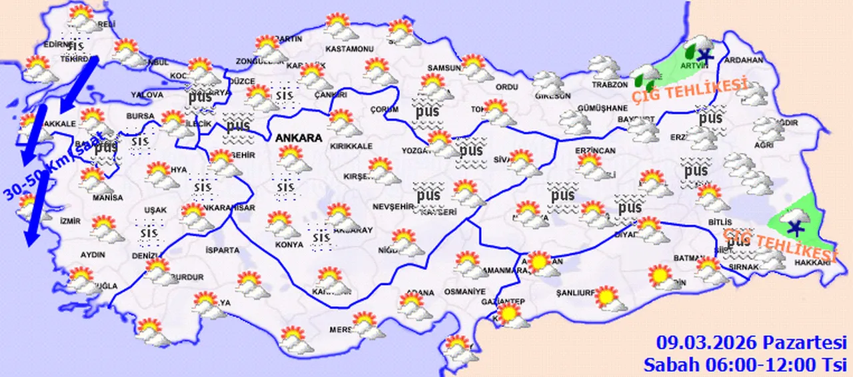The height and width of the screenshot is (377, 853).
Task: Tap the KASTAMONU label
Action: click(349, 49)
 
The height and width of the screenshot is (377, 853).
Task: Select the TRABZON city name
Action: click(610, 85)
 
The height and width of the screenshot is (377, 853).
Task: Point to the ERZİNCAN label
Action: click(596, 151)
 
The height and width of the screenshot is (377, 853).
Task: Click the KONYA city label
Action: click(288, 244)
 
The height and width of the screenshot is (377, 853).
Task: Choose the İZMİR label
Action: click(70, 221)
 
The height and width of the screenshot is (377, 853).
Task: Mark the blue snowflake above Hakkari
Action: click(793, 228)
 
